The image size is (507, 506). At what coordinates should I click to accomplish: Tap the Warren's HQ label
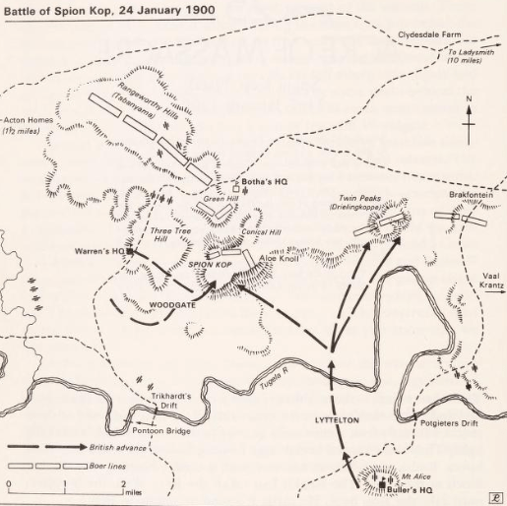tap(99, 251)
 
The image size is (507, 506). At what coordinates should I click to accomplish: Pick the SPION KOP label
tap(209, 266)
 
